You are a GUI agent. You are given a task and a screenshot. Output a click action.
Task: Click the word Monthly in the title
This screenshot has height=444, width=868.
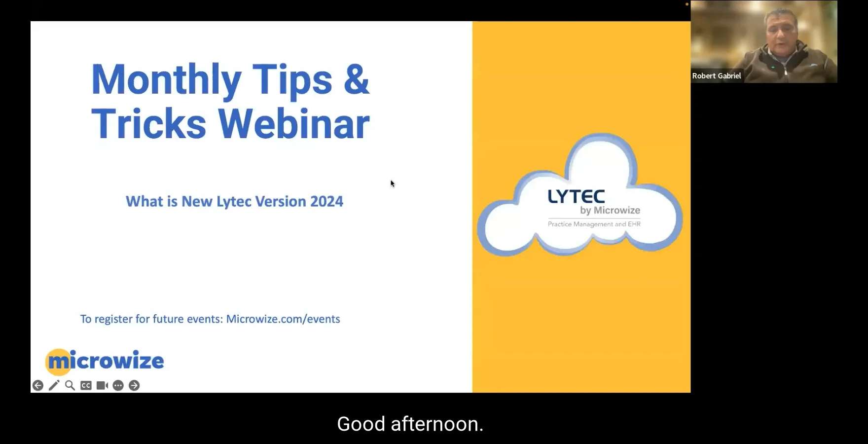click(x=166, y=80)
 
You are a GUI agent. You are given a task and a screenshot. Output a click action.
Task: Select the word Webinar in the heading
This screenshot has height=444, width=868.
click(x=294, y=124)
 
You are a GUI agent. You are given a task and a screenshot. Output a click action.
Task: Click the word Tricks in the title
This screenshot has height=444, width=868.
click(x=148, y=124)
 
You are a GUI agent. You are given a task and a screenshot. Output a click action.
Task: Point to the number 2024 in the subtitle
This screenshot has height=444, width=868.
click(x=326, y=201)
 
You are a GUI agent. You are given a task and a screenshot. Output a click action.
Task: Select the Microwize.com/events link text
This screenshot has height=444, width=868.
click(x=283, y=319)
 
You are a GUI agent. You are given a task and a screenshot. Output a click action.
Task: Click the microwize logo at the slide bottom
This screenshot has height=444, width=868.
click(x=105, y=361)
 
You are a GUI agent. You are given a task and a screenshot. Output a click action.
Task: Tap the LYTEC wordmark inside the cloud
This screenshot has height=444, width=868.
click(x=576, y=197)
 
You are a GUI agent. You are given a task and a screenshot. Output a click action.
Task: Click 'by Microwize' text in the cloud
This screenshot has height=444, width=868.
click(x=610, y=211)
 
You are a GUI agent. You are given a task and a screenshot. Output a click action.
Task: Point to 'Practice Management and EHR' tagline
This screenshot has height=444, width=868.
click(x=594, y=224)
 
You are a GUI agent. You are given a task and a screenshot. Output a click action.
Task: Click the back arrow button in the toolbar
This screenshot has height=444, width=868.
click(x=38, y=385)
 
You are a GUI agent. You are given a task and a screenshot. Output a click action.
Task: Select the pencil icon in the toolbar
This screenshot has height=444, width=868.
click(x=54, y=385)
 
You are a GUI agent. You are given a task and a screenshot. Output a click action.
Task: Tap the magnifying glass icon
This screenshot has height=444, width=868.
click(x=70, y=385)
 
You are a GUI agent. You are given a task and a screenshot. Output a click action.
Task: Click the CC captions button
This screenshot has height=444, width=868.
click(x=86, y=385)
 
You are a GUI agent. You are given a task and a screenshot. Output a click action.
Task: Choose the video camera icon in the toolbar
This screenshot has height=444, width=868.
click(x=102, y=385)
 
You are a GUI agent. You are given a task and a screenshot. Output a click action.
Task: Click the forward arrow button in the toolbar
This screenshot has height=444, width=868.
click(x=134, y=385)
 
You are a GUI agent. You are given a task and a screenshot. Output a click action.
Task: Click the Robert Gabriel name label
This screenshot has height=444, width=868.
click(x=716, y=76)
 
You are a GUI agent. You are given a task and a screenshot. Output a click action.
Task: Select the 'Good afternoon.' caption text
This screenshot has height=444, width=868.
click(x=410, y=424)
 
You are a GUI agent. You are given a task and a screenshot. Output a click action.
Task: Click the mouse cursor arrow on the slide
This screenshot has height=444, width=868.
click(x=393, y=184)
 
